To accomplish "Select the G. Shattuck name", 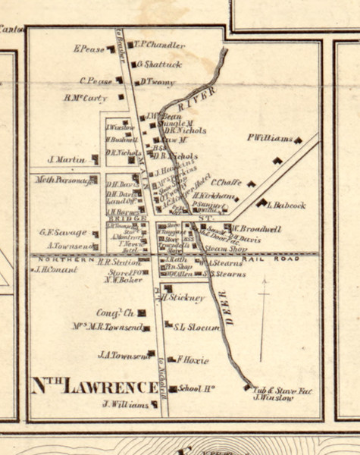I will coord(161,64).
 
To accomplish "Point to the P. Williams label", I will coord(269,138).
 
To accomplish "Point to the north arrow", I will coord(263,318).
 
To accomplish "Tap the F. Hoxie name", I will coord(192,359).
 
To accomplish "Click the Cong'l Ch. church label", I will coord(114,312).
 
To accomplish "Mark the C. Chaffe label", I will coord(225,182).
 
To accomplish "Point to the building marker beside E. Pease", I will coord(111,49).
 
